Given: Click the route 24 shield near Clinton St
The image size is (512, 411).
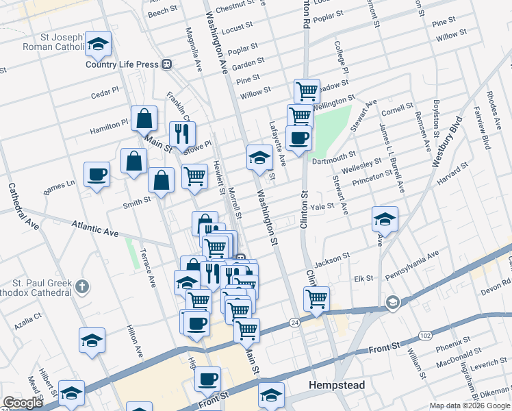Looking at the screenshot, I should coord(295,322).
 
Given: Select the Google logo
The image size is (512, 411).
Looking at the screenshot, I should coord(22,403).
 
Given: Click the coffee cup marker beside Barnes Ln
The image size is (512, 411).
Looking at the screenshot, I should coord(97,174).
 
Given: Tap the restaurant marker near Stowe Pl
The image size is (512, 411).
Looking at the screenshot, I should coord(182,134).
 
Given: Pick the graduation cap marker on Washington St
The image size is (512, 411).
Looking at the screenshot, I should coord(259,157).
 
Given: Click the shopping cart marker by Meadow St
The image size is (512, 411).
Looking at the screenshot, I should coord(307,90).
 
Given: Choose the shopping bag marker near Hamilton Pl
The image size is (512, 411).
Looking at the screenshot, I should coord(145,119).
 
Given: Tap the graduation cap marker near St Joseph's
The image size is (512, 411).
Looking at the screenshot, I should coord(99,45).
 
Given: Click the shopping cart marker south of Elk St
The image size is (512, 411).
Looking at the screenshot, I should coord(316,299).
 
